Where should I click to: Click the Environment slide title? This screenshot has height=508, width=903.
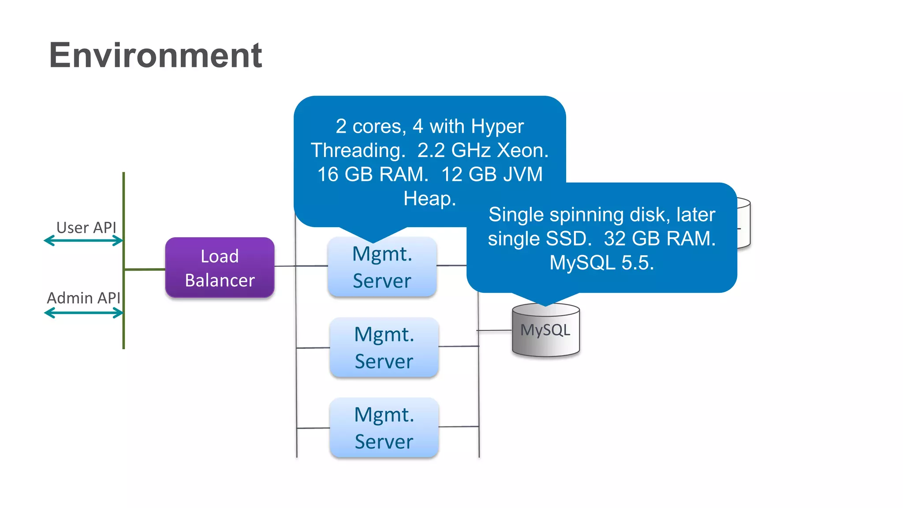[x=155, y=55]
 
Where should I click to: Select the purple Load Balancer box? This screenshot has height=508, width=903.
[x=220, y=268]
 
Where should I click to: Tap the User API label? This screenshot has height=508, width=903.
[x=86, y=228]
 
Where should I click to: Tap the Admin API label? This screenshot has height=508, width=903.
[x=83, y=298]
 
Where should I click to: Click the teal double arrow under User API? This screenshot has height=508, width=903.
[x=83, y=241]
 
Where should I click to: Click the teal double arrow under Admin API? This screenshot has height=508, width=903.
[x=83, y=313]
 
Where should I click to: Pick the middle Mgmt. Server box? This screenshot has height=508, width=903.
[x=384, y=347]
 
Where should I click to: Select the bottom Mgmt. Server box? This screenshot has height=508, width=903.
[x=384, y=428]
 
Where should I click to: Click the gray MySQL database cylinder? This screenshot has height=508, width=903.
[x=545, y=331]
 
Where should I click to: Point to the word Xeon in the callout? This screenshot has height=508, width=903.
[x=522, y=150]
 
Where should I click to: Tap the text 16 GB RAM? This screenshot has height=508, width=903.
[x=373, y=174]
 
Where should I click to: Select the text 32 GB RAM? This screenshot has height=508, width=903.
[x=659, y=239]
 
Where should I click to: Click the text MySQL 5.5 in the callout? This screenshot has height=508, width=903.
[x=601, y=263]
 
